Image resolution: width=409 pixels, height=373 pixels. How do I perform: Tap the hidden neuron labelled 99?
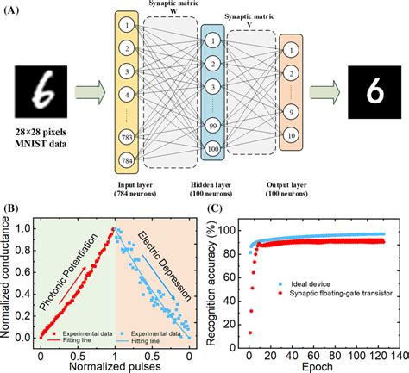click(x=211, y=127)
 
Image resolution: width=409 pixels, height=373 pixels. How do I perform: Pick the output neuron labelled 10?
click(x=292, y=136)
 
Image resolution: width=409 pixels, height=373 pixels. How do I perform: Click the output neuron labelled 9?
click(x=292, y=111)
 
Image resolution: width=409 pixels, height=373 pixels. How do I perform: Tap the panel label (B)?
click(x=12, y=208)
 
